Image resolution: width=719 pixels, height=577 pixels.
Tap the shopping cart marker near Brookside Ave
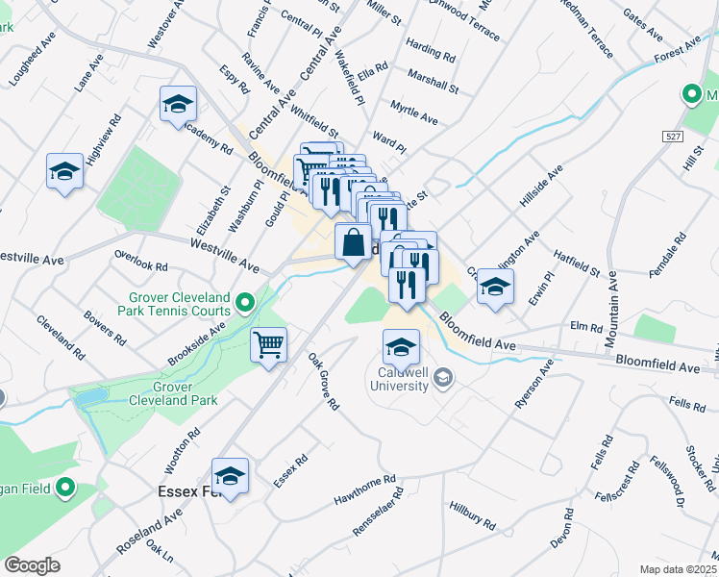point(269,344)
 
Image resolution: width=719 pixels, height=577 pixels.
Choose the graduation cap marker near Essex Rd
point(230,475)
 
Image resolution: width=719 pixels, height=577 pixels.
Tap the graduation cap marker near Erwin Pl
point(495,286)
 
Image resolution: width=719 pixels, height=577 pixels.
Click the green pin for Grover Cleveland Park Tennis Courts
point(245,304)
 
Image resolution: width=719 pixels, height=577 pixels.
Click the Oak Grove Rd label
point(323,383)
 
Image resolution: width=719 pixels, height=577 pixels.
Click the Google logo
point(32,565)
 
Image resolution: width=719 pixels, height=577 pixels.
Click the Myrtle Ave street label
point(414,113)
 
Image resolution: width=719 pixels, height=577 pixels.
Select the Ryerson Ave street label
point(534,386)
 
